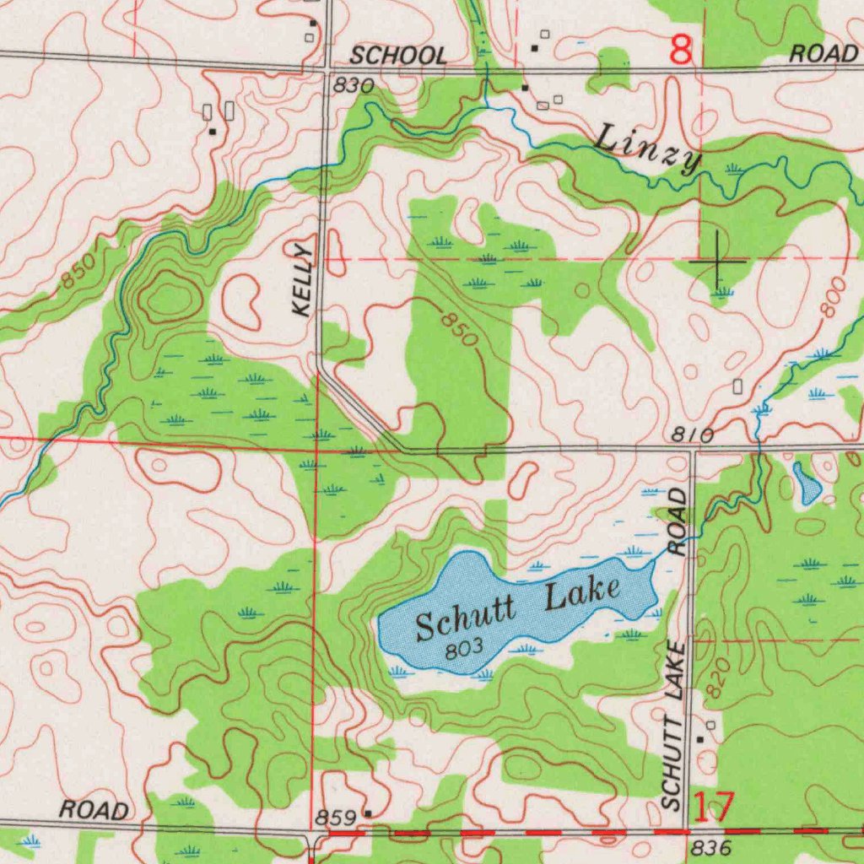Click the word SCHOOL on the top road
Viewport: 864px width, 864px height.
[x=398, y=57]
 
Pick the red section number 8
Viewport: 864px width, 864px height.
[x=681, y=51]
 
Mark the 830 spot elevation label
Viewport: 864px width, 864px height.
[x=353, y=85]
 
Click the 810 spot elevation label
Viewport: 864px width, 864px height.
[x=694, y=435]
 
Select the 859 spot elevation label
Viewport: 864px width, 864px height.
[x=334, y=818]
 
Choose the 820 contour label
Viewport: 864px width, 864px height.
[x=716, y=678]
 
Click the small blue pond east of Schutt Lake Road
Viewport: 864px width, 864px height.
[x=807, y=483]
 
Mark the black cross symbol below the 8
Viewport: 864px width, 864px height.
[x=716, y=261]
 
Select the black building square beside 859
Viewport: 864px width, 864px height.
[x=368, y=813]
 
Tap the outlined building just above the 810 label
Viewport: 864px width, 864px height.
[x=737, y=386]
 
